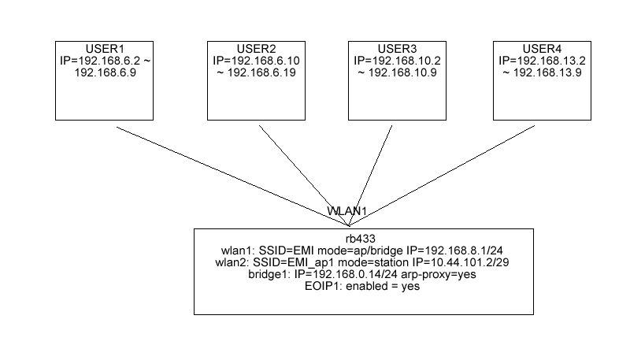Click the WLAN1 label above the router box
click(347, 212)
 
